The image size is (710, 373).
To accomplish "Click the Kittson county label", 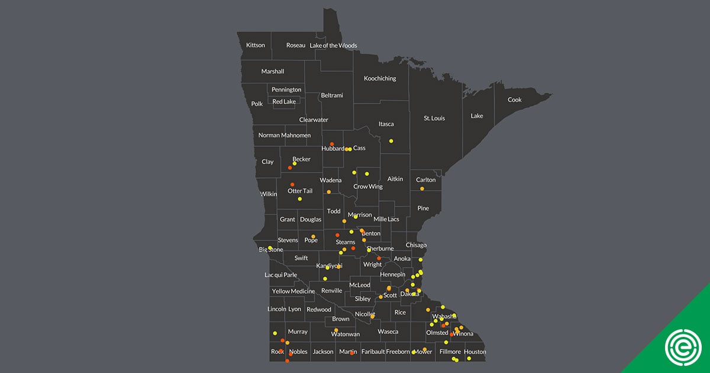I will click(256, 45).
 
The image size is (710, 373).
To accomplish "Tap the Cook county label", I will click(515, 100).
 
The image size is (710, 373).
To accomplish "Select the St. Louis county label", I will click(434, 118).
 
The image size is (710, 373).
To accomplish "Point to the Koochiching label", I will click(380, 79).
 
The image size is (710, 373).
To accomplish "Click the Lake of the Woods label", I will click(334, 46).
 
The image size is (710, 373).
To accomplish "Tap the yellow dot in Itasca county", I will click(391, 141).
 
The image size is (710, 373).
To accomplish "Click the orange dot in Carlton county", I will click(422, 189).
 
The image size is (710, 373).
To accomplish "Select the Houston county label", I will click(475, 352).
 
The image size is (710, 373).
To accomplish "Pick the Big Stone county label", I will click(271, 250).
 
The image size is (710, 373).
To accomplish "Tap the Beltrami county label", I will click(332, 95).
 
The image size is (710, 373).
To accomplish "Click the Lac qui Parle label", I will click(280, 275).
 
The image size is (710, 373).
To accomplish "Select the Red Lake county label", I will click(284, 102).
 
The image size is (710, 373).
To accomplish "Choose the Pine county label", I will click(423, 208).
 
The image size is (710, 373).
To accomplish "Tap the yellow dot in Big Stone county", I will click(270, 247).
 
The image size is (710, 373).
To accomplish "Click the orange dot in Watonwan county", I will click(336, 330).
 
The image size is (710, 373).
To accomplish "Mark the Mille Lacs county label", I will click(386, 220).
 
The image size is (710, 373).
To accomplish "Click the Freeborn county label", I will click(398, 352).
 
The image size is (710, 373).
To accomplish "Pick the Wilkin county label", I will click(268, 194).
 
